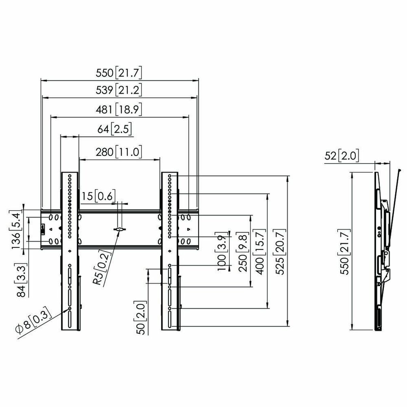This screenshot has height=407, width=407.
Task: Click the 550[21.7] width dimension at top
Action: click(x=119, y=73)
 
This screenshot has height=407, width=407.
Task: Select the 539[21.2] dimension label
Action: click(x=119, y=91)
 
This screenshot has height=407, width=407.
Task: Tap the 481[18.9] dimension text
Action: click(x=119, y=110)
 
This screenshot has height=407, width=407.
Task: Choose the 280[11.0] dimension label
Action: click(x=119, y=152)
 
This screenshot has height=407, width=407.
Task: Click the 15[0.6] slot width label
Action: click(x=98, y=196)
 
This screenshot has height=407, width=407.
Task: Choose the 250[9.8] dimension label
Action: click(x=243, y=252)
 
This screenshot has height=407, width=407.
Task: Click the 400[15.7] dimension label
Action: click(x=261, y=252)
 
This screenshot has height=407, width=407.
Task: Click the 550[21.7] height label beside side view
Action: click(x=345, y=252)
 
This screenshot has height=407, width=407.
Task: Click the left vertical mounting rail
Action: click(x=70, y=251)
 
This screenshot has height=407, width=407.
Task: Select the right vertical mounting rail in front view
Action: click(x=169, y=251)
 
